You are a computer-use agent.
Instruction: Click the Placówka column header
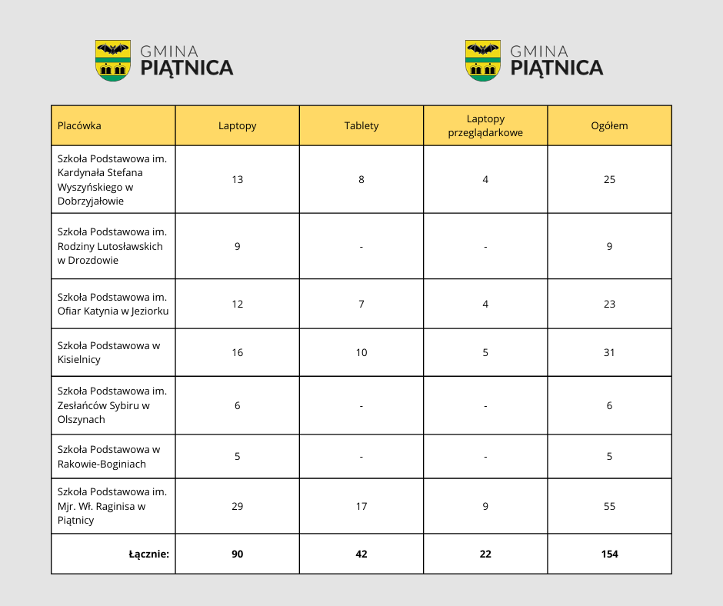coord(79,126)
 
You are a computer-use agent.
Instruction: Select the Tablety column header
coord(361,126)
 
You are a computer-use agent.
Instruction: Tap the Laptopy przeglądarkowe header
coord(485,126)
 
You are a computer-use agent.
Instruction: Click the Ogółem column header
coord(609,126)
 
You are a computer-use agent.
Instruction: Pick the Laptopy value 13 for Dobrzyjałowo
coord(237,180)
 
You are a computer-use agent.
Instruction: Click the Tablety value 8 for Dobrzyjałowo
coord(361,180)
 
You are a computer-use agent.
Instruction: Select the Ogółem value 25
coord(609,180)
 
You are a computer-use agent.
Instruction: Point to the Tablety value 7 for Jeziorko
coord(361,305)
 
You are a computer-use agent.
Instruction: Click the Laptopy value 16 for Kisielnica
coord(237,353)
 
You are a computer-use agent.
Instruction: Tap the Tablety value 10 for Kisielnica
coord(361,353)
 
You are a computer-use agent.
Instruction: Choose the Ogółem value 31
coord(609,353)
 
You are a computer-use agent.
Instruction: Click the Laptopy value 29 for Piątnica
coord(237,507)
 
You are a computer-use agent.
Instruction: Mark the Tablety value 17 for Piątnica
coord(361,507)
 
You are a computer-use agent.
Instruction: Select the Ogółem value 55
coord(609,507)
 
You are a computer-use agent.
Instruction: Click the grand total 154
coord(609,554)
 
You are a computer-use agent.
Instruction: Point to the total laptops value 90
coord(237,554)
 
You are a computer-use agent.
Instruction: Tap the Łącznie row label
coord(148,554)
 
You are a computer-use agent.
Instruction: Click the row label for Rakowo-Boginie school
coord(108,457)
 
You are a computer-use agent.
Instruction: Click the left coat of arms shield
coord(112,61)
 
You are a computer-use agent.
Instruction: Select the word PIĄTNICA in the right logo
coord(557,68)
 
